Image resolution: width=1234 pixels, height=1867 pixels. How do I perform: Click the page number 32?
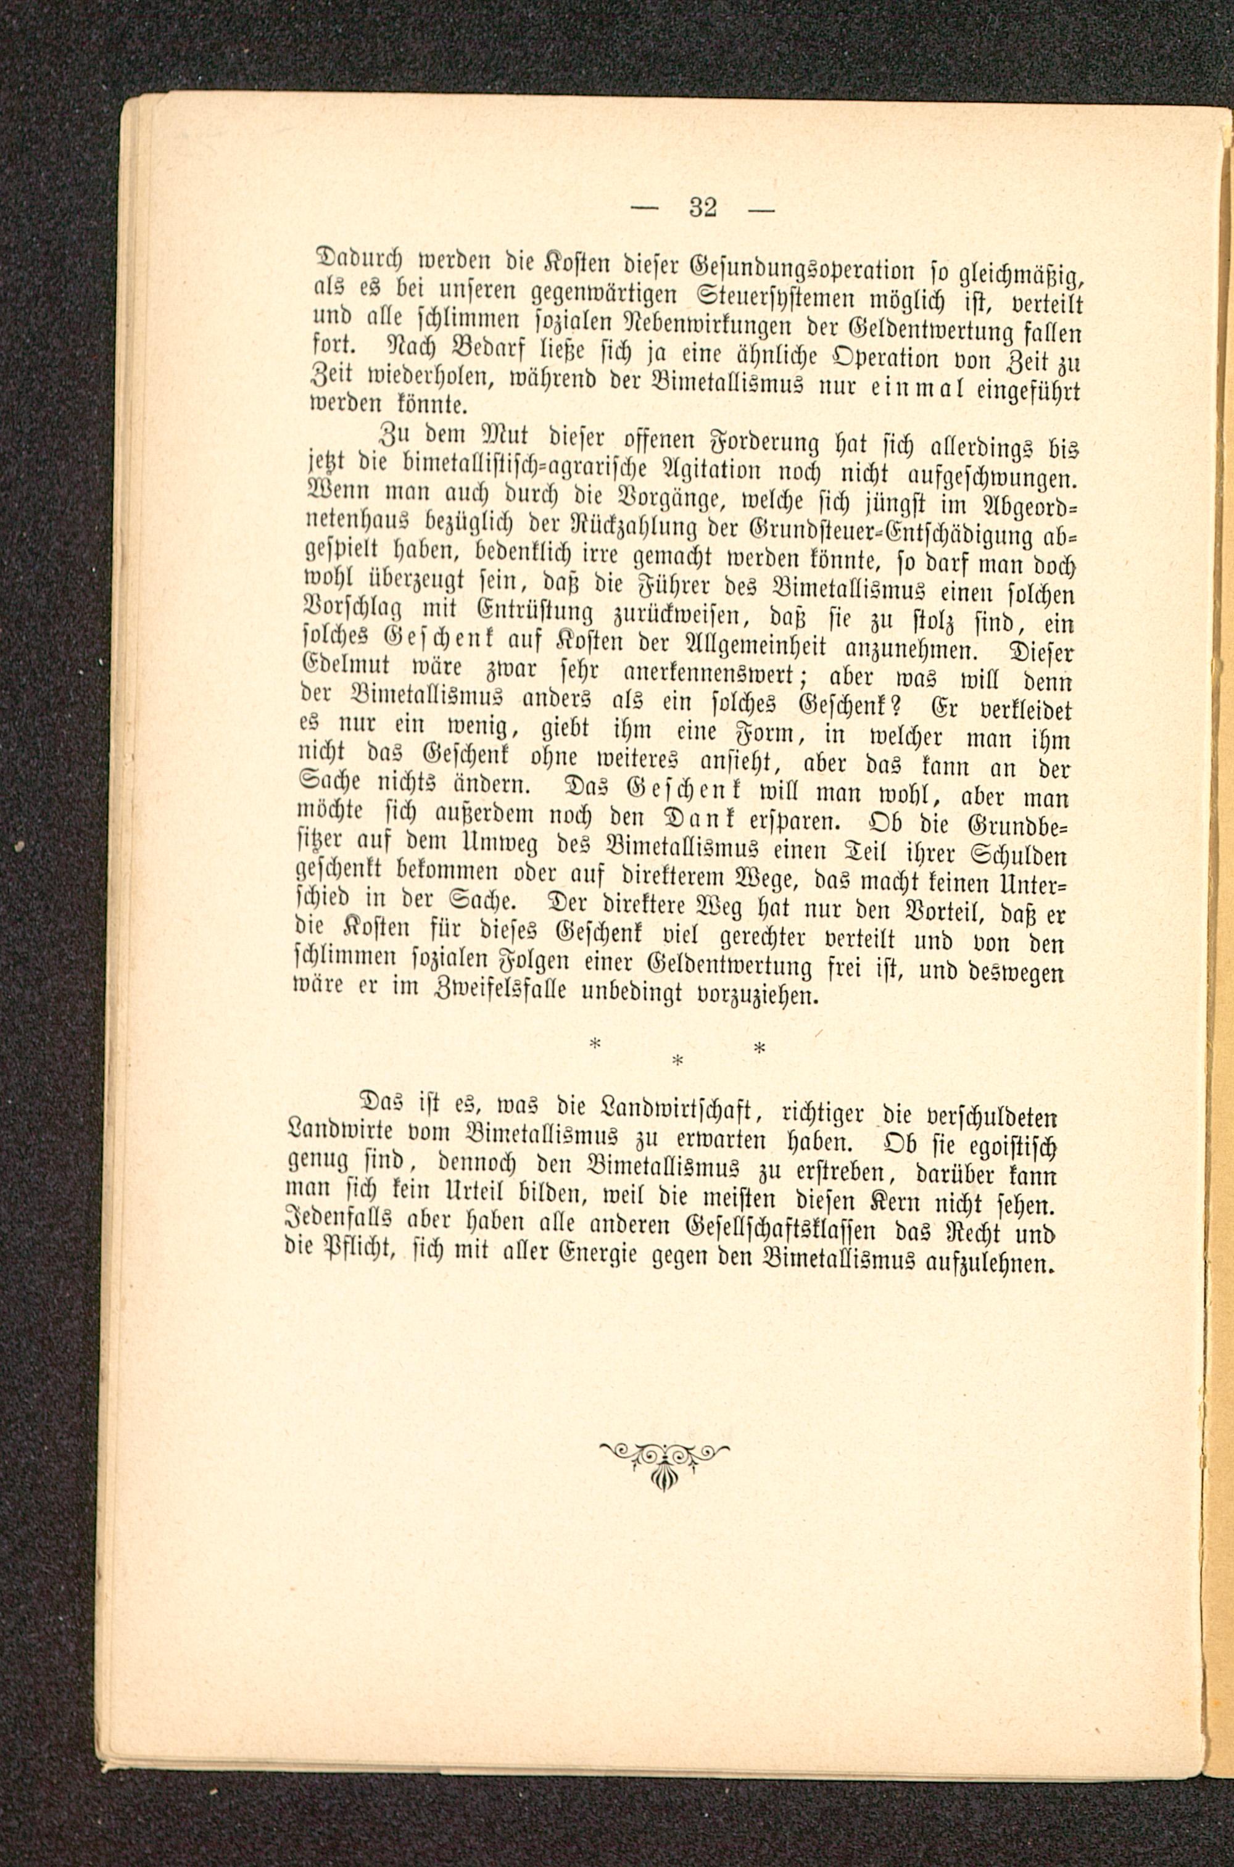(703, 209)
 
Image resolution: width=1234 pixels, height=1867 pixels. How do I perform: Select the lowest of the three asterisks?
(677, 1061)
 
